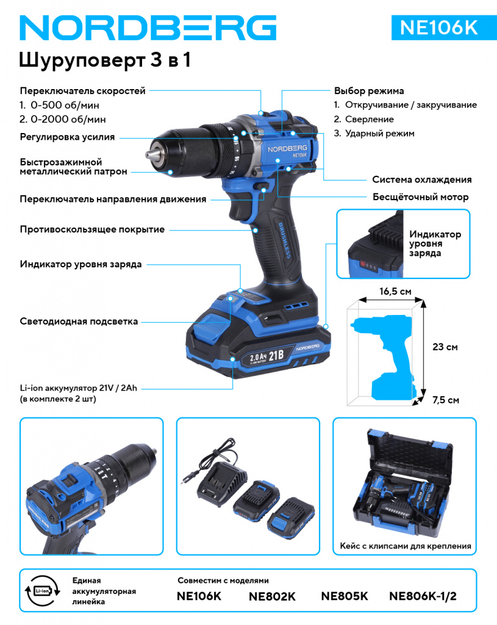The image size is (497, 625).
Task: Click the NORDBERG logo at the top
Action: [148, 28]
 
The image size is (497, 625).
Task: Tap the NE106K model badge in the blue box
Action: [438, 27]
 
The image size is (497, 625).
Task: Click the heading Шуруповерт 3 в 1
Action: [105, 60]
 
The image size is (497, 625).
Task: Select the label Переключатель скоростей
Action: [83, 91]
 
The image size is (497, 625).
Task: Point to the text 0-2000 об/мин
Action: [68, 119]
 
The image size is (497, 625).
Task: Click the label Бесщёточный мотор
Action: [421, 197]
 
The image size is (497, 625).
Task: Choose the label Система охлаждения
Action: [422, 179]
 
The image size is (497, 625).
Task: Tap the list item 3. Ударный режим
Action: [374, 134]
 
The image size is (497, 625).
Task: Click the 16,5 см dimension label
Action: [395, 291]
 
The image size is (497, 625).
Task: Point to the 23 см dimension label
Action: [445, 347]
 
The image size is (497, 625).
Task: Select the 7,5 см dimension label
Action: [446, 400]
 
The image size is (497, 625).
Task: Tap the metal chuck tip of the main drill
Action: [152, 154]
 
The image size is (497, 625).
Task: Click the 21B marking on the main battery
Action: [276, 355]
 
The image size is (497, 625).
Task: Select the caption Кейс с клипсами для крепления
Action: [406, 546]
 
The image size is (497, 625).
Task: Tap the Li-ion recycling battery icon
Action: [43, 591]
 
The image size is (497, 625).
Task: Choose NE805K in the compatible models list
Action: [345, 596]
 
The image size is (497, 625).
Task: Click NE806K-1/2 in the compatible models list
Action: [423, 596]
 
